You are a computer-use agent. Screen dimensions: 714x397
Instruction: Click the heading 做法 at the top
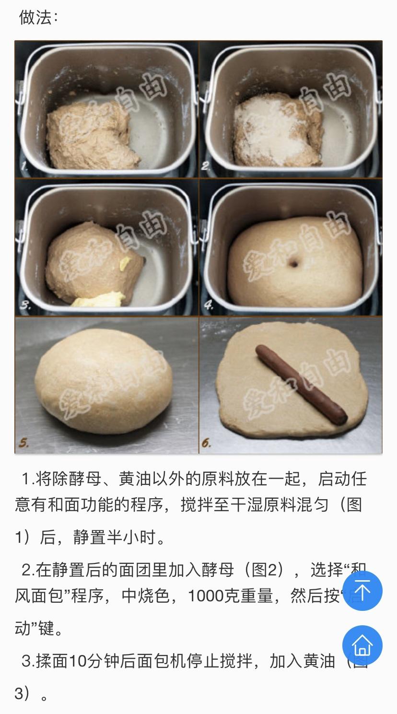(x=38, y=18)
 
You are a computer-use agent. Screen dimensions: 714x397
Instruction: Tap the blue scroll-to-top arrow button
(x=362, y=591)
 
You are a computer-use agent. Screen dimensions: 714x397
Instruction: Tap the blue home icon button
(x=362, y=645)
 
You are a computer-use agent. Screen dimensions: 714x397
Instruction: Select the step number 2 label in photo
(x=206, y=167)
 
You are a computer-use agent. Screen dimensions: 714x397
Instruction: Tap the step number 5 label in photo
(x=23, y=443)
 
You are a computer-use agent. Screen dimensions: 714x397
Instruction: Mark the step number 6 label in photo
(x=206, y=443)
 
